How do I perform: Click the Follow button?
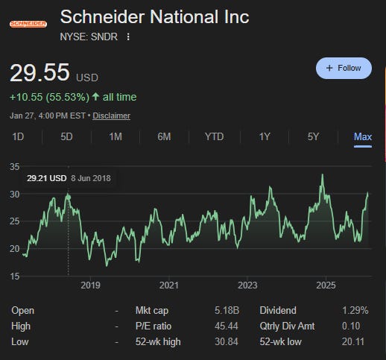[344, 68]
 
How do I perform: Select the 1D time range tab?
[19, 136]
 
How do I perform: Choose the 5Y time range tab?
[312, 136]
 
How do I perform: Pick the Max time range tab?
[363, 136]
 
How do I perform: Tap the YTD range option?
[214, 136]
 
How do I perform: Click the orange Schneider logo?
[28, 25]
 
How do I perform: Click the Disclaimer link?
[111, 116]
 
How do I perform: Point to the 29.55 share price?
[39, 73]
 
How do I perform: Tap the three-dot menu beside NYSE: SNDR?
[128, 37]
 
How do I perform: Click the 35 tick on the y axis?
[15, 166]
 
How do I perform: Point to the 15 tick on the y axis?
[15, 277]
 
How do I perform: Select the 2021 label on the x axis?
[169, 285]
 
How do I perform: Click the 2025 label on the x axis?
[326, 285]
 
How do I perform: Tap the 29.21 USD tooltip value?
[47, 178]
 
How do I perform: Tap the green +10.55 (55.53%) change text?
[73, 97]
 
